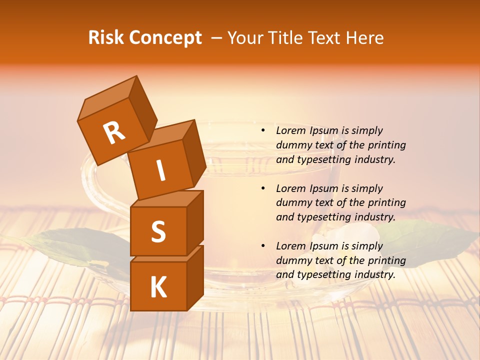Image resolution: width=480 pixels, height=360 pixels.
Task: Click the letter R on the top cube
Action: (x=114, y=133)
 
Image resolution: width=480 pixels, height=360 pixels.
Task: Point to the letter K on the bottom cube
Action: (x=158, y=287)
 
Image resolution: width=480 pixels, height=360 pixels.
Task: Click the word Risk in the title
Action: (x=106, y=38)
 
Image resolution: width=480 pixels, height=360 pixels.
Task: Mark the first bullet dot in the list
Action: (x=263, y=130)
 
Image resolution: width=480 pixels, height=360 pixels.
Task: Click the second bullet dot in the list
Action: (x=263, y=188)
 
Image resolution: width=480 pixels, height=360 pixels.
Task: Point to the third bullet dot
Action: (x=263, y=246)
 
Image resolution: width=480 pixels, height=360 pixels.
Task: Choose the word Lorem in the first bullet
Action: (x=290, y=130)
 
